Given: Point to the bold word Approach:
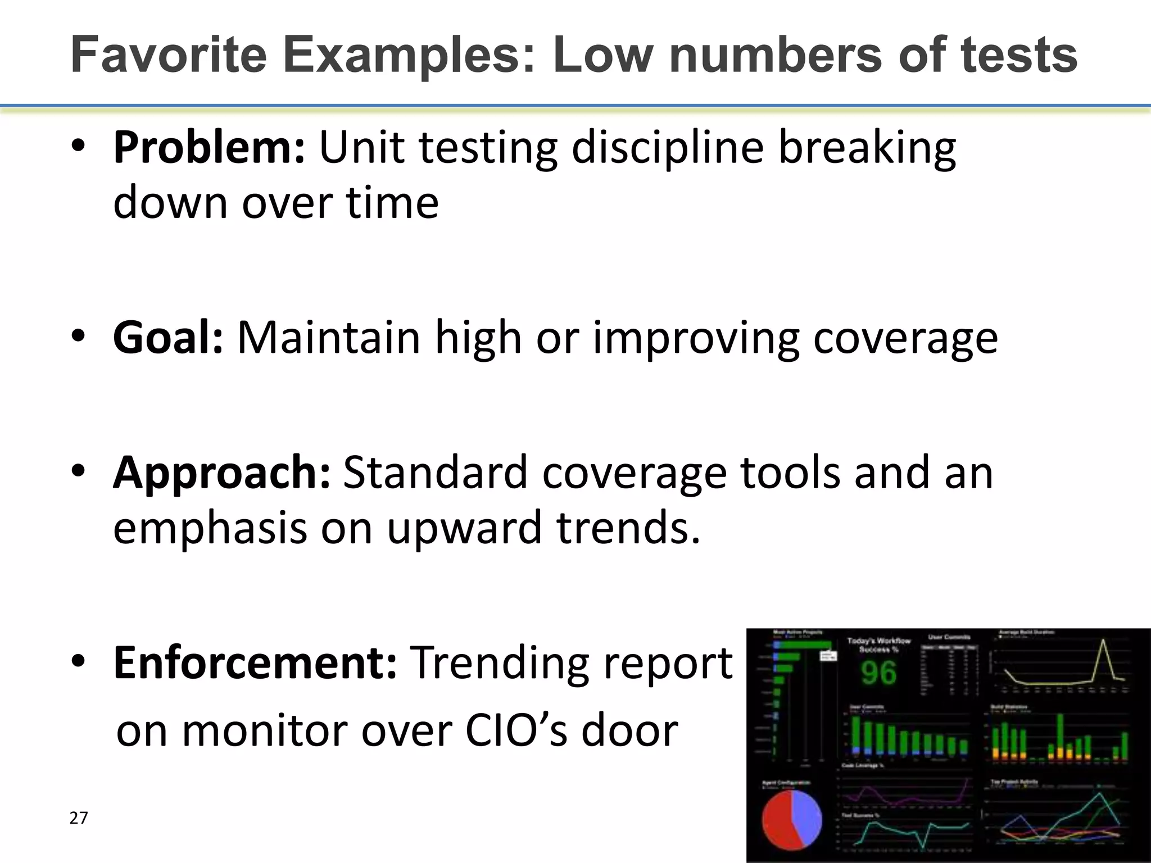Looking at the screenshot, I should point(221,473).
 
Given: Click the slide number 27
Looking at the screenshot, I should point(79,818).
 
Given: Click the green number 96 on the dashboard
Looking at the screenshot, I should point(878,673).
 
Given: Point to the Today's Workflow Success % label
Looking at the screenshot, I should point(878,644).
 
